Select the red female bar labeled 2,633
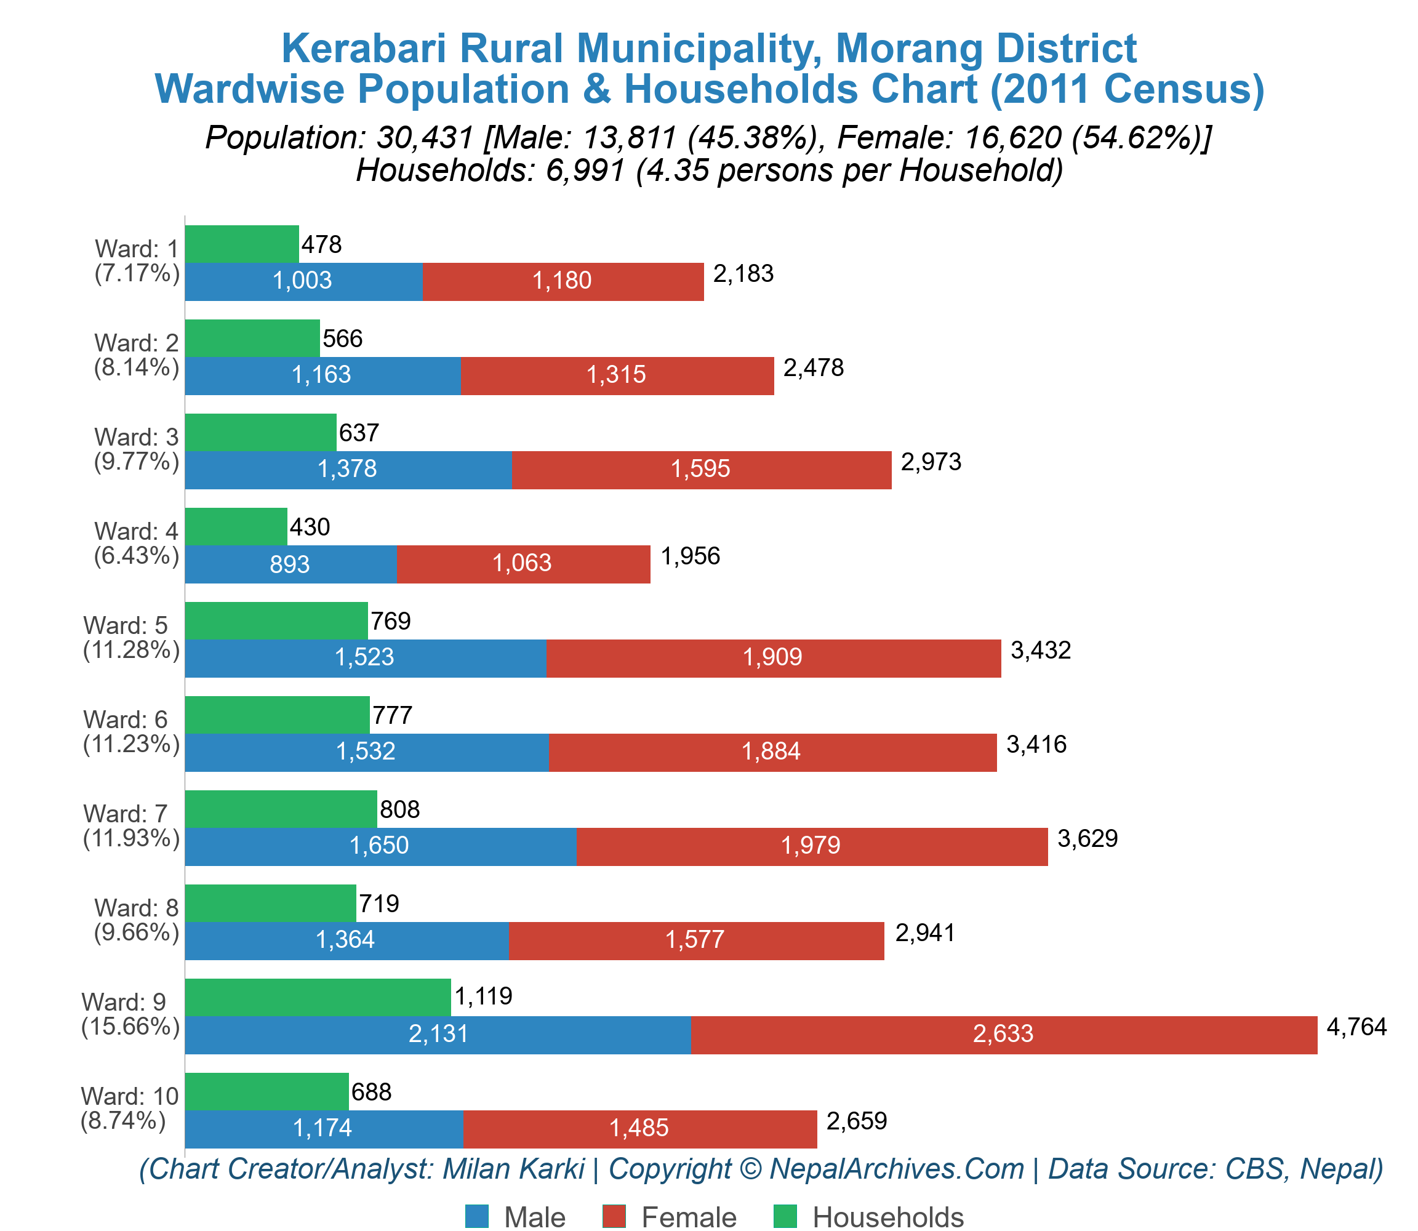click(1003, 1035)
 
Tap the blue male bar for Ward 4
click(290, 564)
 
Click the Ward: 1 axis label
click(137, 249)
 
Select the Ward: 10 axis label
click(129, 1096)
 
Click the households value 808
click(399, 809)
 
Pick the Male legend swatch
click(477, 1216)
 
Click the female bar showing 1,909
click(773, 658)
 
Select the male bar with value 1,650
click(380, 846)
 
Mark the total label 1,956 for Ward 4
click(690, 556)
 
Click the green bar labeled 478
click(242, 244)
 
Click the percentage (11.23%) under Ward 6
click(131, 744)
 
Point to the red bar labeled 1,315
click(616, 375)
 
